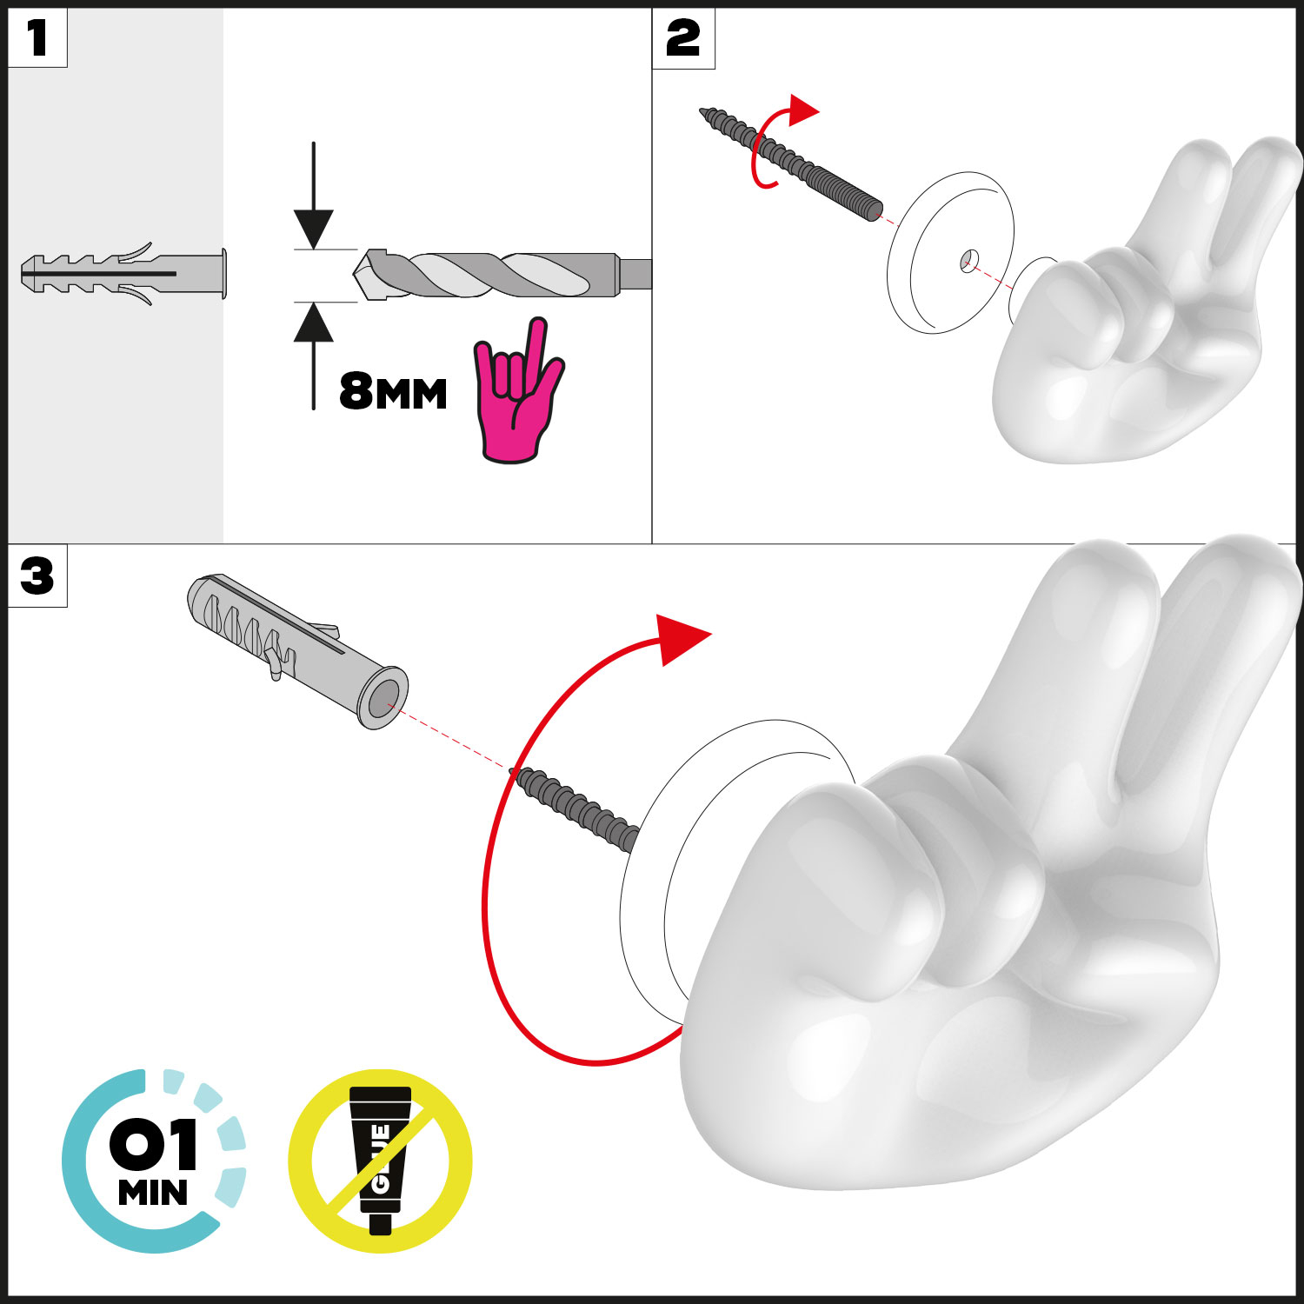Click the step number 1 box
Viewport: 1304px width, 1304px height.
click(37, 38)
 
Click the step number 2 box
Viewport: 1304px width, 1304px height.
click(683, 38)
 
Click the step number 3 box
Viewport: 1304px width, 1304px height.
click(37, 575)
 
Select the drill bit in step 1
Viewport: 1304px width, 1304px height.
click(502, 275)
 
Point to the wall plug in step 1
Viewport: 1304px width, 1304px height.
click(123, 274)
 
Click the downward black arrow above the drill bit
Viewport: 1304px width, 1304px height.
click(313, 196)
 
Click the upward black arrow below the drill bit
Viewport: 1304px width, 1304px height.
click(313, 356)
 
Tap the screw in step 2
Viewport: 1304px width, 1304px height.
click(791, 163)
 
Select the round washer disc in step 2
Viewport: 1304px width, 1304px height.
click(950, 252)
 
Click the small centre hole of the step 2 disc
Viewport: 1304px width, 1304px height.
click(969, 259)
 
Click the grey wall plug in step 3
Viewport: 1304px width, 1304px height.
click(297, 650)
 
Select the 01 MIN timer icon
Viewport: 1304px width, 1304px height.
click(154, 1161)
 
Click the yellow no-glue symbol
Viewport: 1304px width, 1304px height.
click(381, 1161)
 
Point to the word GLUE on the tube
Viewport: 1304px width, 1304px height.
click(380, 1160)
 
